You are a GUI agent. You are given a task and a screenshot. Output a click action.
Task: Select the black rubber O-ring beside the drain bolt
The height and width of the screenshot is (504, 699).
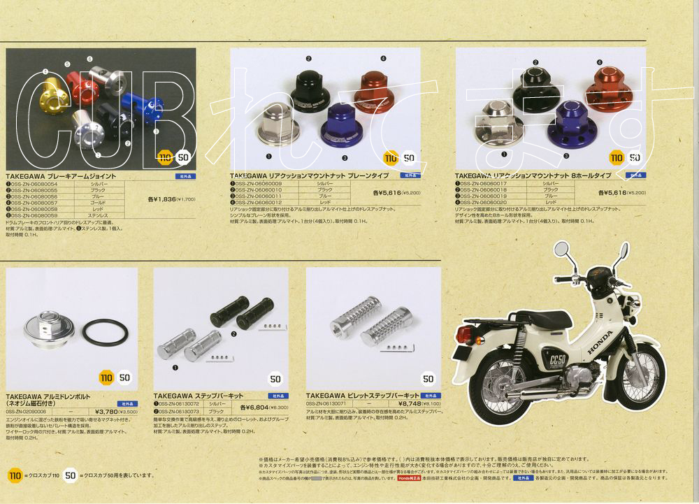pyautogui.click(x=107, y=332)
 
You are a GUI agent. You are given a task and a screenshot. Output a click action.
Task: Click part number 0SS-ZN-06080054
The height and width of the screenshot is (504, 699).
pyautogui.click(x=33, y=184)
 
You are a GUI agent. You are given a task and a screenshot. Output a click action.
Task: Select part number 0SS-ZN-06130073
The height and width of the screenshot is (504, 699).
pyautogui.click(x=180, y=411)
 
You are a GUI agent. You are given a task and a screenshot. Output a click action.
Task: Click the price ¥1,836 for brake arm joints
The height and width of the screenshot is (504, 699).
pyautogui.click(x=162, y=199)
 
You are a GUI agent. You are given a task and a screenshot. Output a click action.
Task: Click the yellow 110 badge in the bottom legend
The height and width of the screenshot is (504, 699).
pyautogui.click(x=15, y=475)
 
